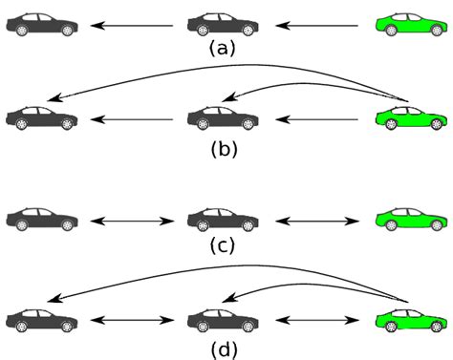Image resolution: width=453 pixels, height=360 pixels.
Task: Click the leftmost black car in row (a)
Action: click(x=41, y=25)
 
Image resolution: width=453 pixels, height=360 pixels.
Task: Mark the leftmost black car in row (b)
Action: click(x=41, y=119)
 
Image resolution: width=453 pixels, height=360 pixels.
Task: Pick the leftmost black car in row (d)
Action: click(x=41, y=318)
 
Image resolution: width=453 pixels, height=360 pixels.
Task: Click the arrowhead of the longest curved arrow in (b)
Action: click(x=54, y=98)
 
